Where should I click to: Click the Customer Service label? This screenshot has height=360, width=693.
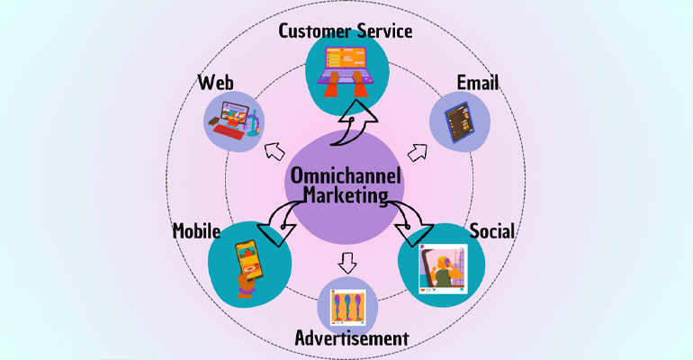point(346,31)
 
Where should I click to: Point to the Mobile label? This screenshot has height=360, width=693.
point(197,231)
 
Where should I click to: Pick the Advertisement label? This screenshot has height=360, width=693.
point(352,338)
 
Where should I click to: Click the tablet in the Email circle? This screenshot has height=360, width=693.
point(460,122)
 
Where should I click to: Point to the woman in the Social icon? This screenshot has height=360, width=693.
point(443,269)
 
